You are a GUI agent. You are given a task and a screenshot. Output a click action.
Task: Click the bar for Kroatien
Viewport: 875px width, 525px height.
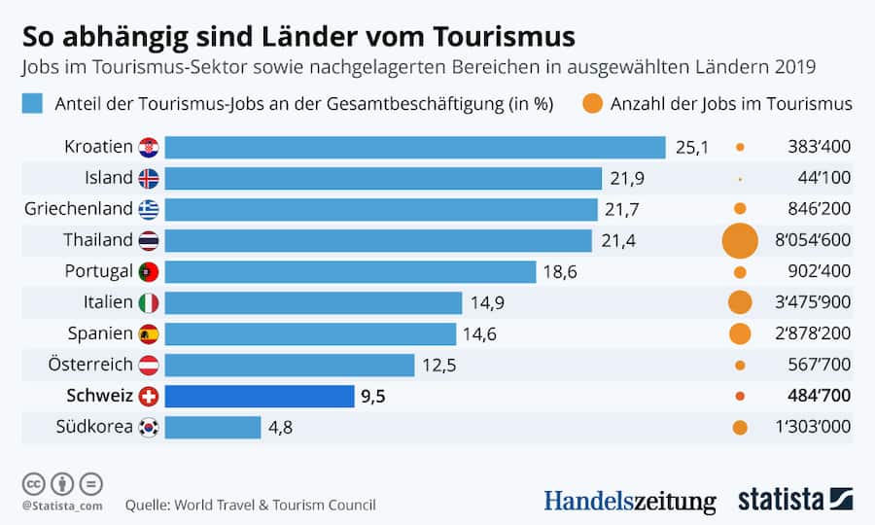pos(415,147)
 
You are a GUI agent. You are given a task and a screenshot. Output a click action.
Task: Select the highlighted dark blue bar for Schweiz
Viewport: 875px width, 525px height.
pos(259,396)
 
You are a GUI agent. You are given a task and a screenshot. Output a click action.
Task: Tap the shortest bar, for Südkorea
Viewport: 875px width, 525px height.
pos(213,427)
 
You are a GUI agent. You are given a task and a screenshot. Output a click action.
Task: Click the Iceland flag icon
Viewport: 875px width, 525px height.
pos(149,178)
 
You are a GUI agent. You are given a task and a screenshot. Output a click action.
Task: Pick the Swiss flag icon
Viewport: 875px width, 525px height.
pos(149,396)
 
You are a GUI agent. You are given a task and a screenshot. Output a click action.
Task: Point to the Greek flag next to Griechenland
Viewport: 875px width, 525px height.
pos(149,209)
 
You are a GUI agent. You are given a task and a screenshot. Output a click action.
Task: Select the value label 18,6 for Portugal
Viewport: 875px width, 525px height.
pos(560,272)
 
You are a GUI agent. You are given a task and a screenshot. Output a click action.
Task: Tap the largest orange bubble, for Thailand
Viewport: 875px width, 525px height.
pos(740,240)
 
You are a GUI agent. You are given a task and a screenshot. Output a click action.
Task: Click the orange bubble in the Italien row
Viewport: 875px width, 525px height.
pos(740,302)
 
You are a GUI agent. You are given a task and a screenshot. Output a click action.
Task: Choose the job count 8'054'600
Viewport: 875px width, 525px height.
pos(813,240)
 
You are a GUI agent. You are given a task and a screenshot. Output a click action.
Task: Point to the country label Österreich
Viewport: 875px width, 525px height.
pos(89,365)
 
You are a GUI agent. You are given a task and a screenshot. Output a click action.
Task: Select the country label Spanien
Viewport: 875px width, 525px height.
pos(100,333)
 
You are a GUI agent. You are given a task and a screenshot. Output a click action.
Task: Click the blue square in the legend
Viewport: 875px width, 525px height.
pos(32,104)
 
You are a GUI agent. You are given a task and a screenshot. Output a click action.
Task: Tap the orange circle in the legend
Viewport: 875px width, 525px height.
pos(591,104)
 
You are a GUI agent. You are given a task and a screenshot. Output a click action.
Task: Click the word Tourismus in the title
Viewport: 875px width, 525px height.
pos(502,37)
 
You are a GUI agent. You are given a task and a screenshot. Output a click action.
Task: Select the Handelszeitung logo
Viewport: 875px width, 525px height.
pos(629,501)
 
